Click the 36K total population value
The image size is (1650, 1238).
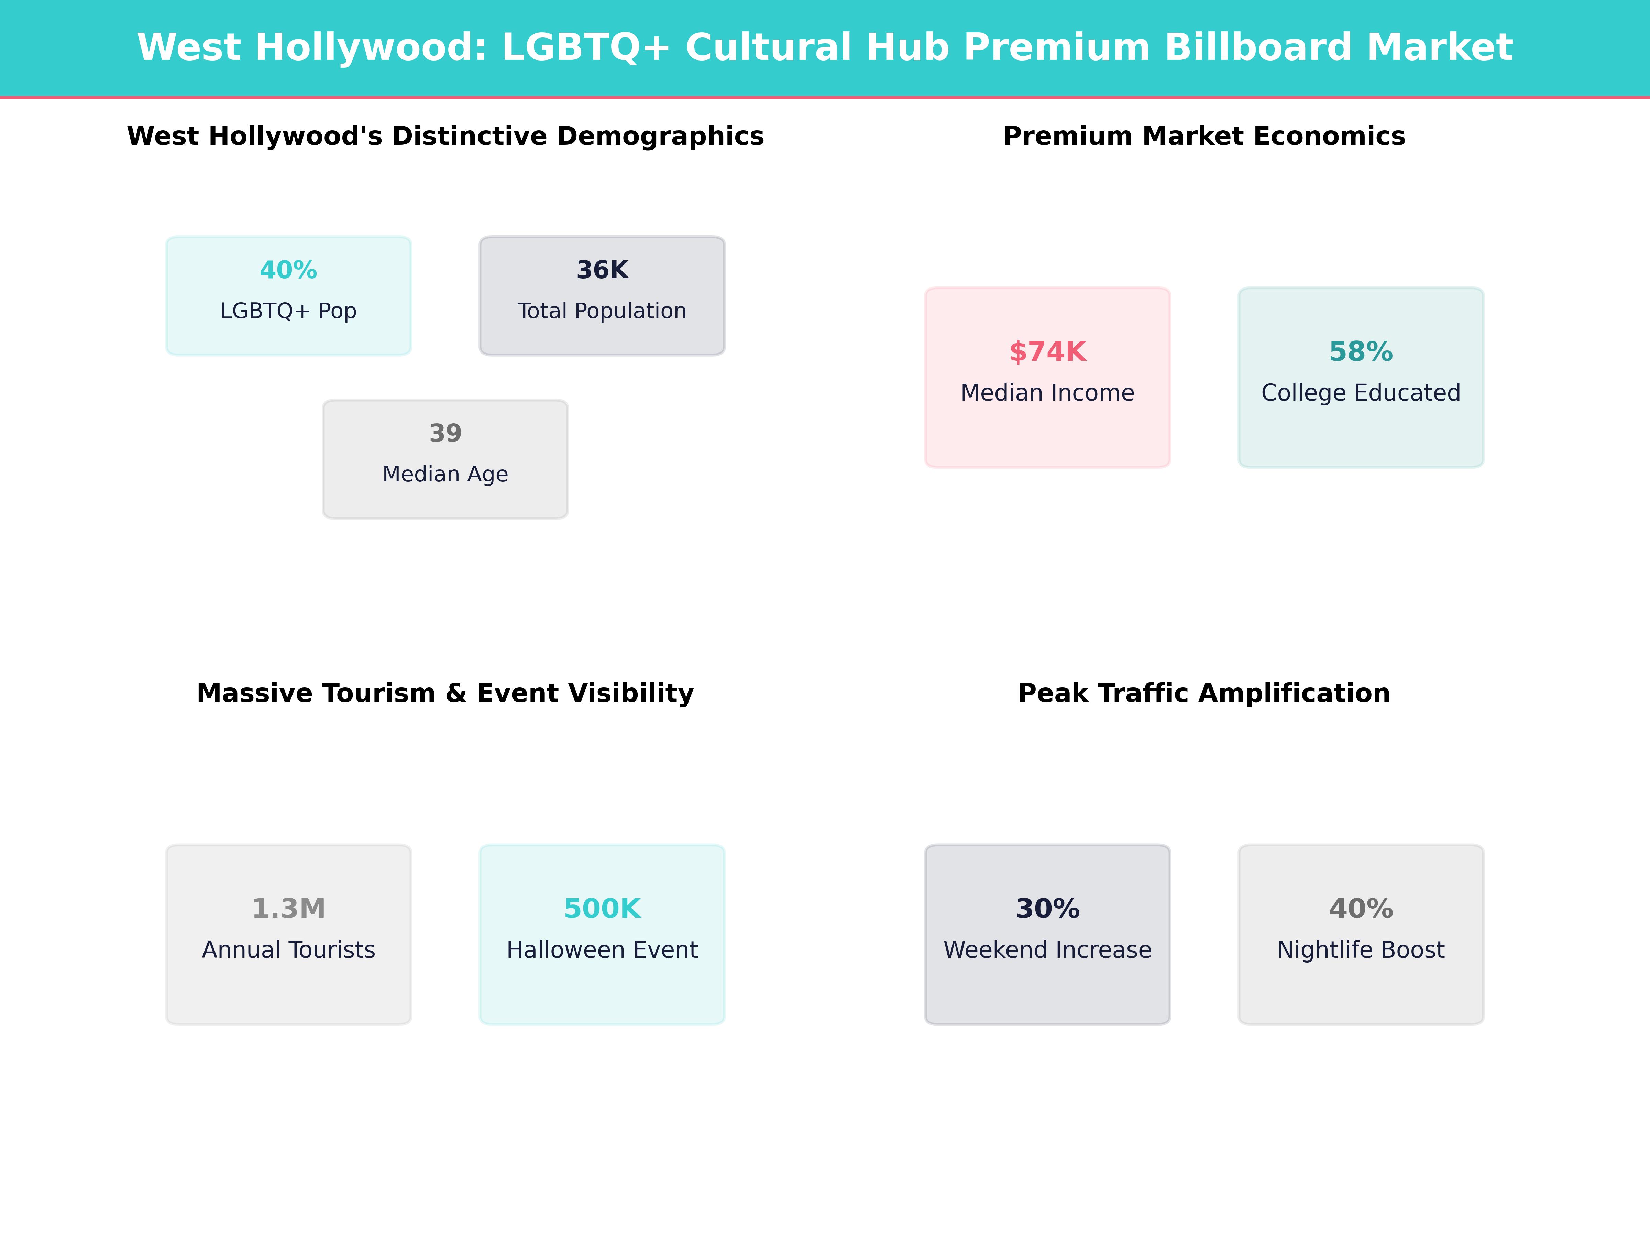(x=602, y=270)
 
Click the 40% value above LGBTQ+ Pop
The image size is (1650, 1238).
(x=289, y=270)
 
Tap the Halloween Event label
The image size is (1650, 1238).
(x=602, y=950)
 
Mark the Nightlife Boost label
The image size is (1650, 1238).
(x=1361, y=950)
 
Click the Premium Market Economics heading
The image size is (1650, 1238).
(x=1204, y=137)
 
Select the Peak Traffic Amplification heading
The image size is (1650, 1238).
(x=1204, y=693)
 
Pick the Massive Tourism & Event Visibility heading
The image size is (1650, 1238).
(x=445, y=693)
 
